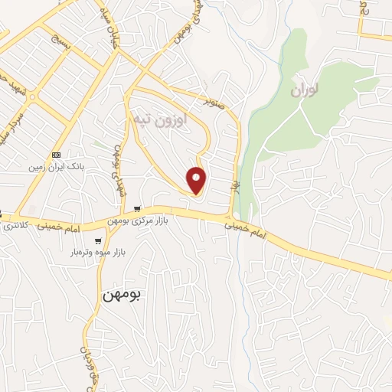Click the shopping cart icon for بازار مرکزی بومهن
coord(136,208)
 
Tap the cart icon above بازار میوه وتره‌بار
coord(97,240)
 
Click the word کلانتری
coord(15,227)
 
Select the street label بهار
coord(237,186)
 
